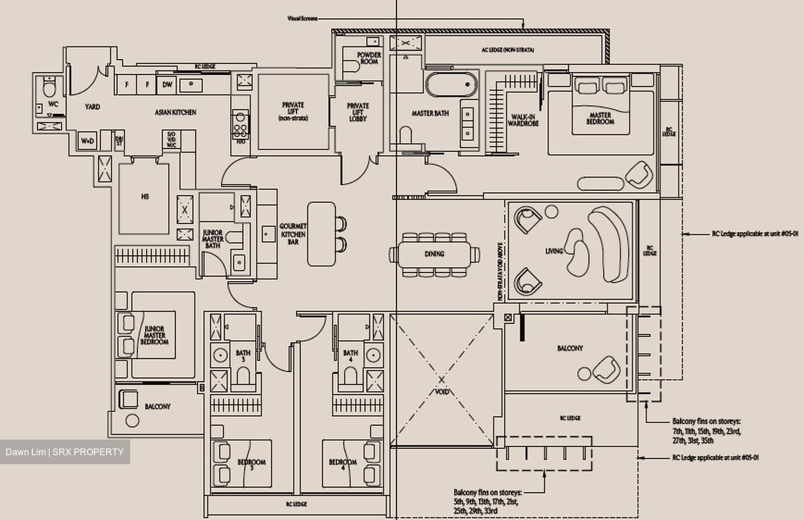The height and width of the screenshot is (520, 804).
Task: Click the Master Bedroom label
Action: click(x=600, y=118)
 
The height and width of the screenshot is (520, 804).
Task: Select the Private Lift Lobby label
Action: click(x=358, y=112)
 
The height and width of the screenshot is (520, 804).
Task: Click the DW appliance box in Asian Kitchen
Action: click(x=167, y=85)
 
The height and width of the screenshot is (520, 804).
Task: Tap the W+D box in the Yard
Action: click(x=88, y=141)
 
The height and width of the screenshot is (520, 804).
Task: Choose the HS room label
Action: click(x=145, y=197)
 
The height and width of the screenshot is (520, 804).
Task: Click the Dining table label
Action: click(x=434, y=254)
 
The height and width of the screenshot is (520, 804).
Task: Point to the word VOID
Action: click(x=442, y=392)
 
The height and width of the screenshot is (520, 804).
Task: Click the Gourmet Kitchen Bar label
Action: click(x=293, y=234)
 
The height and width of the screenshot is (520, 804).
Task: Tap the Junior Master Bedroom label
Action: click(x=154, y=335)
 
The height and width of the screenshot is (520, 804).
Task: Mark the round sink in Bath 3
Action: click(x=221, y=355)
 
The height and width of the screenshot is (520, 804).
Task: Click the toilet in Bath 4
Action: click(x=350, y=376)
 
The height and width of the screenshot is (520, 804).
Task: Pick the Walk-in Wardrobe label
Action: click(x=523, y=120)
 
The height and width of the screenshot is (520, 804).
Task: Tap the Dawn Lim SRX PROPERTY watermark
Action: click(x=65, y=452)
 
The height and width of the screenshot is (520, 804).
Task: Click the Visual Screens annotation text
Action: click(x=302, y=18)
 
